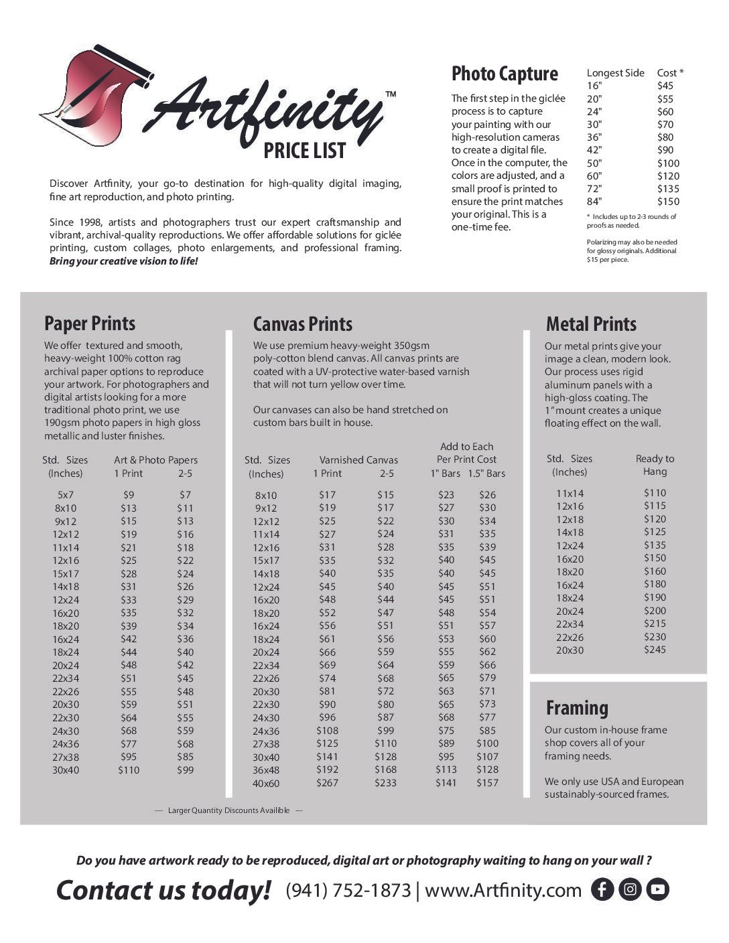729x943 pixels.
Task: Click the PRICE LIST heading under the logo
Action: click(304, 151)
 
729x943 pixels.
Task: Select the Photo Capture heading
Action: click(505, 74)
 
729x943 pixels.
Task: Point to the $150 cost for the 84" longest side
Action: click(668, 202)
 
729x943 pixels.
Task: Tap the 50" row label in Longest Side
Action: click(594, 163)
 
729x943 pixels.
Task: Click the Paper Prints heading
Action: click(90, 323)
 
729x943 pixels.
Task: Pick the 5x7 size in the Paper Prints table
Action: click(66, 495)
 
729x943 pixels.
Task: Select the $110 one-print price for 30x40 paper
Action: click(129, 770)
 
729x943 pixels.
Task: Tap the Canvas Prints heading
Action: click(303, 324)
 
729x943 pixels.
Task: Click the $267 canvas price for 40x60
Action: click(327, 783)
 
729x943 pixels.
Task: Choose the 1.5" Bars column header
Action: click(486, 474)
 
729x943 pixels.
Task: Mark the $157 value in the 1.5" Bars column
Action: click(487, 783)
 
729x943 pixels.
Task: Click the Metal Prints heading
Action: click(591, 324)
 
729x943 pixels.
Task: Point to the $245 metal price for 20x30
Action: click(655, 650)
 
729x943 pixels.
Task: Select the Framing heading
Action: click(577, 708)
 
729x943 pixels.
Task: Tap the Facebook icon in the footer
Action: click(602, 889)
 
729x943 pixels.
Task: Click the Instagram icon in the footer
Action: click(630, 889)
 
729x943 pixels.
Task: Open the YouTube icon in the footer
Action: click(658, 889)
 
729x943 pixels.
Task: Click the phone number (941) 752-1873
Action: click(348, 890)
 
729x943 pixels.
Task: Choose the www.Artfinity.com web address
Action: click(503, 890)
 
